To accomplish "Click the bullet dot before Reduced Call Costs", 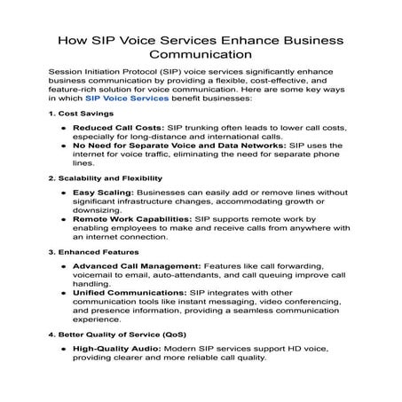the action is coord(62,130).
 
